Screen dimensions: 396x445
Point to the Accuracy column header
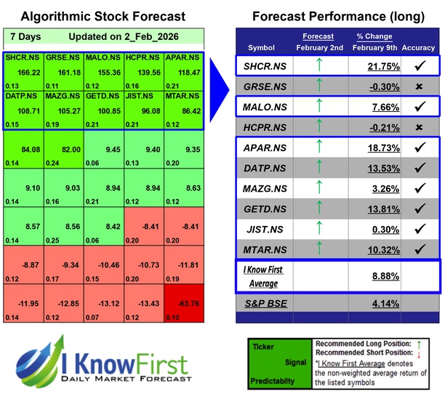[x=417, y=48]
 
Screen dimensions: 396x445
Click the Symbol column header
[x=262, y=48]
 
